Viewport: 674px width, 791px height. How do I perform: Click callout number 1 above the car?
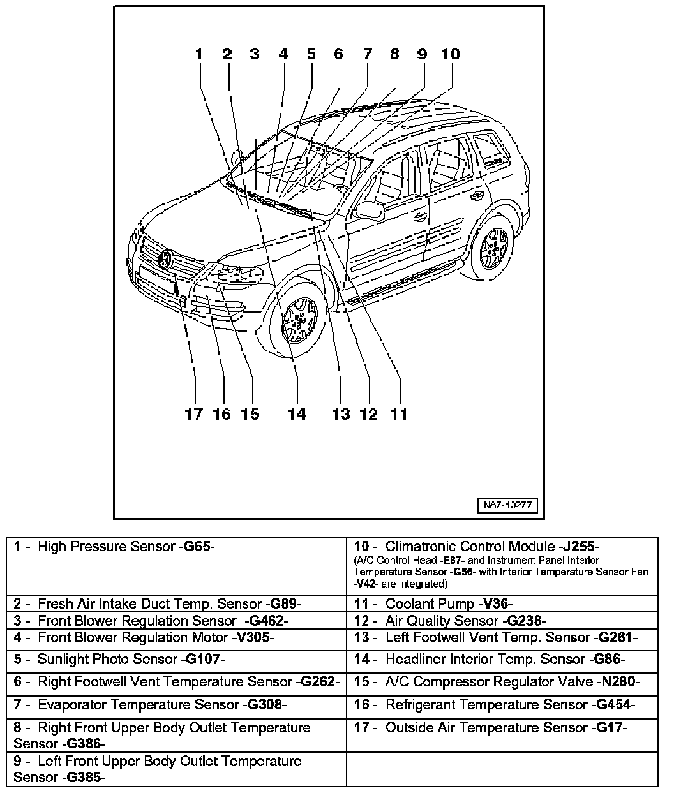(199, 54)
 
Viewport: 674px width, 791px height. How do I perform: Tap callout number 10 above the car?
(450, 54)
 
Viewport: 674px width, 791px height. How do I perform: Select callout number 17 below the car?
(193, 415)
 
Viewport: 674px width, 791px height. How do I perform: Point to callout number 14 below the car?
(296, 415)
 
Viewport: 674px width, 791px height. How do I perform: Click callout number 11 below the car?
(398, 415)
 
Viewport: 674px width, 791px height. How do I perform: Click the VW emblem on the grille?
(165, 260)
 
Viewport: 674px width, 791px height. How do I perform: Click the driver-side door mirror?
(370, 209)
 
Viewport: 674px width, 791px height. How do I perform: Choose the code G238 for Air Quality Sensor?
(525, 621)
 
